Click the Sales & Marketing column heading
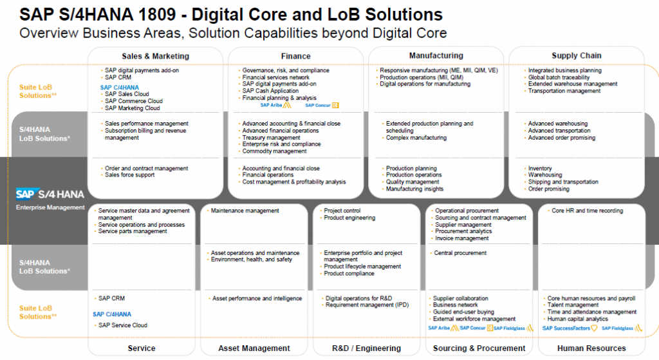(156, 56)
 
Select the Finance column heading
(296, 56)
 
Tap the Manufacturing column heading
(436, 55)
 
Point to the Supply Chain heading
(577, 55)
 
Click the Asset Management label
(254, 348)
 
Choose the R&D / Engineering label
(366, 348)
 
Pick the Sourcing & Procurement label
(479, 348)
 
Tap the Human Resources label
(591, 348)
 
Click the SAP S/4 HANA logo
(50, 194)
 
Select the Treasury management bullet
(271, 138)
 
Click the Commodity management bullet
(274, 151)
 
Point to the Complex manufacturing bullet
(416, 138)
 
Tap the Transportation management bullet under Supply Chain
(564, 91)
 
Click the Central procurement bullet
(459, 252)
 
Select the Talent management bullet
(573, 305)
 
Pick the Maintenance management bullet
(245, 211)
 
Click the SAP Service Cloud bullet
(123, 325)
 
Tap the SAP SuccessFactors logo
(570, 328)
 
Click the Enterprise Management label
(50, 207)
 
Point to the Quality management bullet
(413, 182)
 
